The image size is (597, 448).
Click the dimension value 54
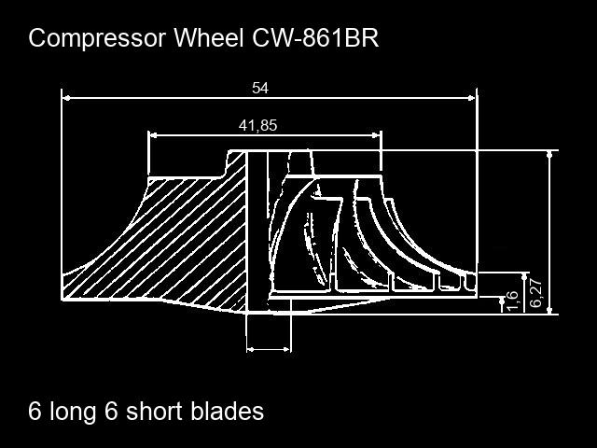[x=260, y=88]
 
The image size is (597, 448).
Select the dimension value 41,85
[x=258, y=125]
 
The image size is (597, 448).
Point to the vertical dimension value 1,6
[x=511, y=301]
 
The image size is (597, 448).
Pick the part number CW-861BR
[x=315, y=39]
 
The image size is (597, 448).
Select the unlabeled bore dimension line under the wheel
[x=269, y=349]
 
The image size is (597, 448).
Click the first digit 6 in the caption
[x=35, y=411]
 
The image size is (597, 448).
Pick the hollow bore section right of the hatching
[x=257, y=224]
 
